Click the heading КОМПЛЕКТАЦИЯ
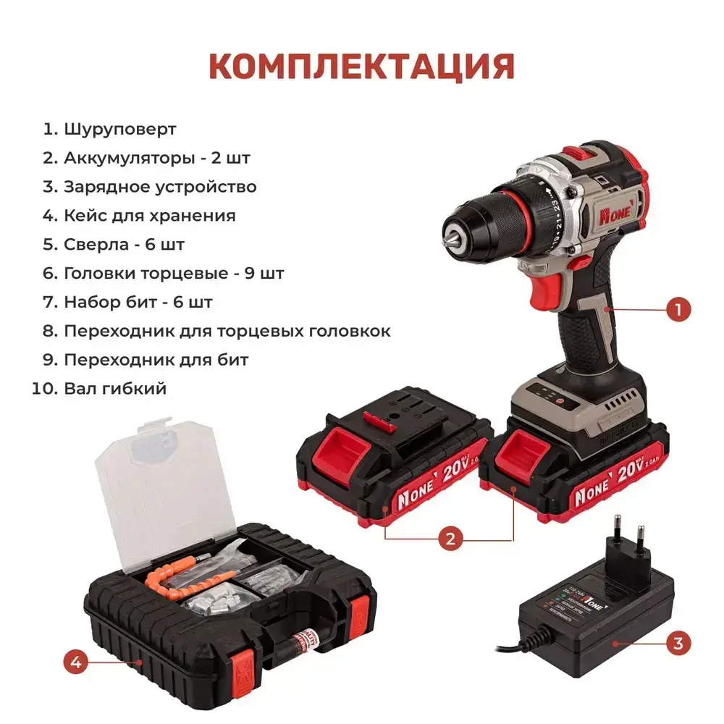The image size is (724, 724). pyautogui.click(x=361, y=66)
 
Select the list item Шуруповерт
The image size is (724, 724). pyautogui.click(x=119, y=130)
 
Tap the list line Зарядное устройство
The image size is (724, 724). pyautogui.click(x=159, y=187)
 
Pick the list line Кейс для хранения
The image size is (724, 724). pyautogui.click(x=149, y=216)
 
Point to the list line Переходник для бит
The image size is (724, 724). pyautogui.click(x=156, y=360)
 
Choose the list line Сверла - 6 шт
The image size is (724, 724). pyautogui.click(x=124, y=245)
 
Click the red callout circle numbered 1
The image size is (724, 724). pyautogui.click(x=678, y=310)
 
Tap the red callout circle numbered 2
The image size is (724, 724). pyautogui.click(x=450, y=538)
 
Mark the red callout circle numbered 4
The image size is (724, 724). pyautogui.click(x=75, y=661)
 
